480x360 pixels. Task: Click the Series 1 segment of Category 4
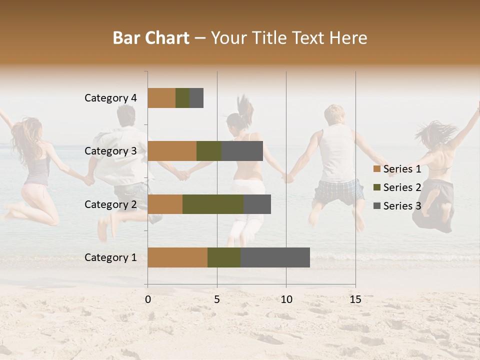161,98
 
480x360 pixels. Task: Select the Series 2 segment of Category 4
182,98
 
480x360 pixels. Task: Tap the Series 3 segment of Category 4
196,98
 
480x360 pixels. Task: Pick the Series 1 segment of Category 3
172,151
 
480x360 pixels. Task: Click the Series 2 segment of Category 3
209,151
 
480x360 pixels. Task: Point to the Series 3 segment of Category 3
242,151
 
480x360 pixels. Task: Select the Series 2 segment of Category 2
213,204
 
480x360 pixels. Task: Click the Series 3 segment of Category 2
257,204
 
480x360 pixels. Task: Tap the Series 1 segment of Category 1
177,257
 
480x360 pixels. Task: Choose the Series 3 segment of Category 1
275,257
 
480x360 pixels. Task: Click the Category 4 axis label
110,98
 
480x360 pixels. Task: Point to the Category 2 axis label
110,204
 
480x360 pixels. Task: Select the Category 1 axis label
110,257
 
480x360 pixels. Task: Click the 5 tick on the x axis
217,299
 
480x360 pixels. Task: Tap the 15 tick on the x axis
355,299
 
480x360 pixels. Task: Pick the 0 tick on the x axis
148,299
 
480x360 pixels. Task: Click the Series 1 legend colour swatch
377,169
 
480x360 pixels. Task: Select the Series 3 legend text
402,206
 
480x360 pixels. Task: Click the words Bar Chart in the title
151,38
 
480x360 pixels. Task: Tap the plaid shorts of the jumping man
339,191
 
